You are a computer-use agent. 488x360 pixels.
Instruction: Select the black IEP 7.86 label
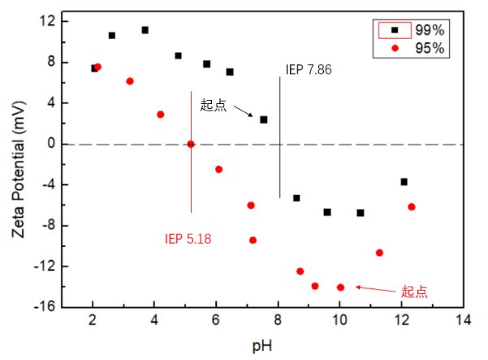(x=309, y=69)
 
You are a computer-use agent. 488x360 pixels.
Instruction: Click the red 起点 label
(x=414, y=291)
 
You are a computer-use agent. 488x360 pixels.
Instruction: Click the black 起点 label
(x=214, y=106)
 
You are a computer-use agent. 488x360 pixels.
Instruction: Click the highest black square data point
(x=145, y=30)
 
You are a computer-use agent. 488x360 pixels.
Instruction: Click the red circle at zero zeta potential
(x=191, y=144)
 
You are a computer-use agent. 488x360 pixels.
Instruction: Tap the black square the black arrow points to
(x=263, y=119)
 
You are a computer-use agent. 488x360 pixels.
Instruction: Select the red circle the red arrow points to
(x=340, y=287)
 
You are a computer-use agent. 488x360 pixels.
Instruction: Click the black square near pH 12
(x=404, y=182)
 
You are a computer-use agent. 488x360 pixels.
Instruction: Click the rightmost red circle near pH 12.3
(x=412, y=206)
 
